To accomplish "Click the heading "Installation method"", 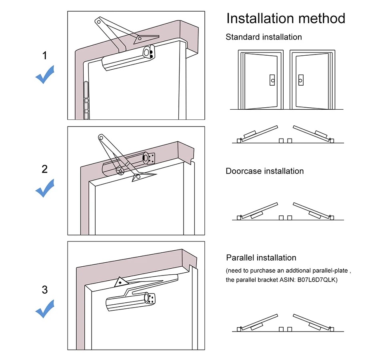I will click(286, 18).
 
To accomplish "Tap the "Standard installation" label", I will click(264, 37).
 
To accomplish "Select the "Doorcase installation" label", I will click(264, 171).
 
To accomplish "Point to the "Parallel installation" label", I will click(261, 258).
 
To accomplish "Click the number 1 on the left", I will click(44, 56).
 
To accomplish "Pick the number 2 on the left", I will click(44, 169).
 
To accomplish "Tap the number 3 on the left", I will click(44, 290).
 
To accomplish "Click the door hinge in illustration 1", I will click(86, 100).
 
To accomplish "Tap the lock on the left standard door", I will click(272, 80).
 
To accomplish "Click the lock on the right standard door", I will click(300, 80).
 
